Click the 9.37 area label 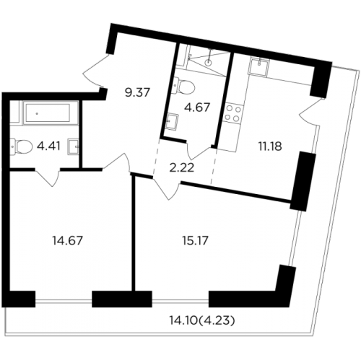137,92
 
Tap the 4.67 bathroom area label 197,107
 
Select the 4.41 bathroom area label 48,146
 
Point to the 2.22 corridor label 182,168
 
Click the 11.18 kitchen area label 270,146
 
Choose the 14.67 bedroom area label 68,240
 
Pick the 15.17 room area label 195,240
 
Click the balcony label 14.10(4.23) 201,320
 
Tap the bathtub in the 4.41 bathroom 51,113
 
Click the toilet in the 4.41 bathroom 21,146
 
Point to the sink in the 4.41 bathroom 73,146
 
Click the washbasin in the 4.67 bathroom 173,121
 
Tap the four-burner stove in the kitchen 233,113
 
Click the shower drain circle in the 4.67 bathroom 208,63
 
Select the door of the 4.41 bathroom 48,177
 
